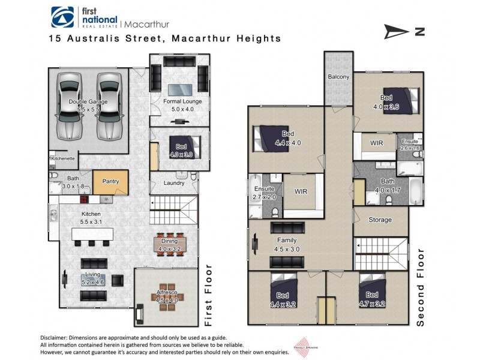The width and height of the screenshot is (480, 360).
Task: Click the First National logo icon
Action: [x=63, y=17]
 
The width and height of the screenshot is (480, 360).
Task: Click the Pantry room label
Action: [x=110, y=181]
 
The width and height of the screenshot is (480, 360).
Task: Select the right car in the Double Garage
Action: [x=109, y=105]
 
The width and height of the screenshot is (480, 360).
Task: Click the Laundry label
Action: [x=174, y=183]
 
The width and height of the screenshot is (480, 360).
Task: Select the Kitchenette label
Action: [x=62, y=159]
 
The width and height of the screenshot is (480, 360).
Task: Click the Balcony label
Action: [x=338, y=77]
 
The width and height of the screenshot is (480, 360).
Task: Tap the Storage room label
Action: [x=380, y=220]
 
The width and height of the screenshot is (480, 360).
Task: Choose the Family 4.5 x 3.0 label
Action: [x=287, y=245]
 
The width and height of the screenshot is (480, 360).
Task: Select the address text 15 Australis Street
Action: [x=107, y=38]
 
